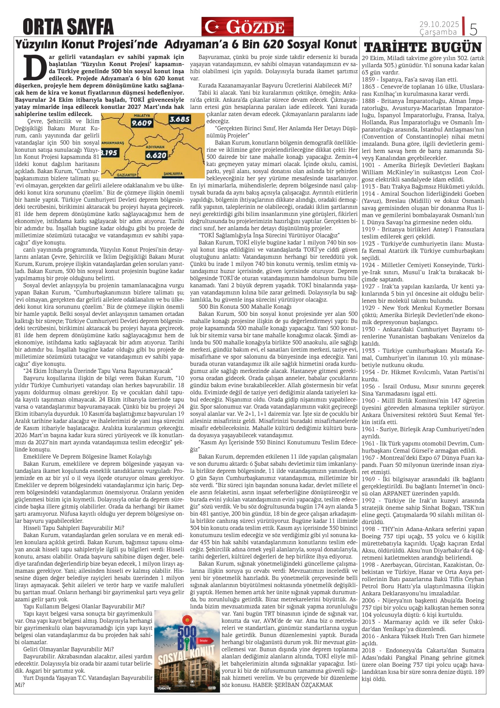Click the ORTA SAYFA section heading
click(x=68, y=27)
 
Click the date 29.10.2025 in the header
click(x=439, y=24)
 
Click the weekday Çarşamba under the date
click(x=438, y=32)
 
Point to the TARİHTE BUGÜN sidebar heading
click(x=423, y=47)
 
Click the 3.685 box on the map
click(x=179, y=119)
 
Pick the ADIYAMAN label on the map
click(x=156, y=147)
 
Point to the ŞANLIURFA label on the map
click(x=173, y=174)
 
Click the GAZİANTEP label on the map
click(x=127, y=175)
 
